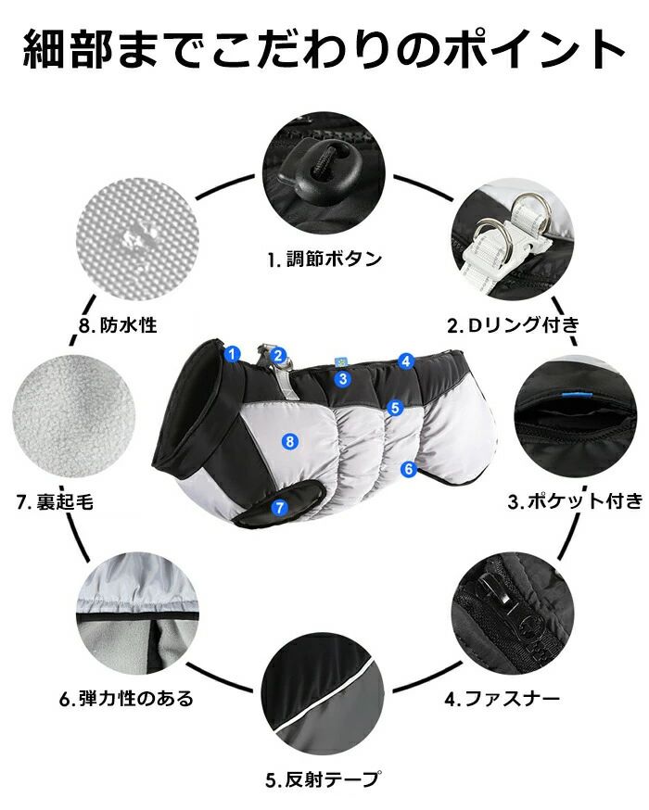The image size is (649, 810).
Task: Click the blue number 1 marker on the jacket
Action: point(233,354)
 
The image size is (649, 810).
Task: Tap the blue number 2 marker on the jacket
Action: point(278,355)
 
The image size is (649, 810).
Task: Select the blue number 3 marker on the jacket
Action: point(343,379)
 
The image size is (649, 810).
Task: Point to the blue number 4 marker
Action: point(406,361)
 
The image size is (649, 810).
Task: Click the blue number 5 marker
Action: point(395,408)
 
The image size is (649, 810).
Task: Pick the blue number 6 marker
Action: point(409,469)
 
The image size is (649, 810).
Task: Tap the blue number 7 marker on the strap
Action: point(279,507)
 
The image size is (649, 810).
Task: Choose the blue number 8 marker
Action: point(290,441)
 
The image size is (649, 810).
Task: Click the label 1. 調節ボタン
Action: point(324,259)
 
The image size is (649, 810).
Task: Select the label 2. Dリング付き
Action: point(513,325)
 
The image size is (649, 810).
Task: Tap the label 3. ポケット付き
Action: point(575,500)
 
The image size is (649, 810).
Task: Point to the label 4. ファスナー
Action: point(503,699)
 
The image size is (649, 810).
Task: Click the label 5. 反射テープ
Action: point(324,779)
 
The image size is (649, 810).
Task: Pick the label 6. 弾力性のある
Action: point(126,699)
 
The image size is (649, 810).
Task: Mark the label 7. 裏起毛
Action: point(55,501)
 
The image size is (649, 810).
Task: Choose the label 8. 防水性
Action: point(118,325)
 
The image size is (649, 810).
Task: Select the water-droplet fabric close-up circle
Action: point(137,239)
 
